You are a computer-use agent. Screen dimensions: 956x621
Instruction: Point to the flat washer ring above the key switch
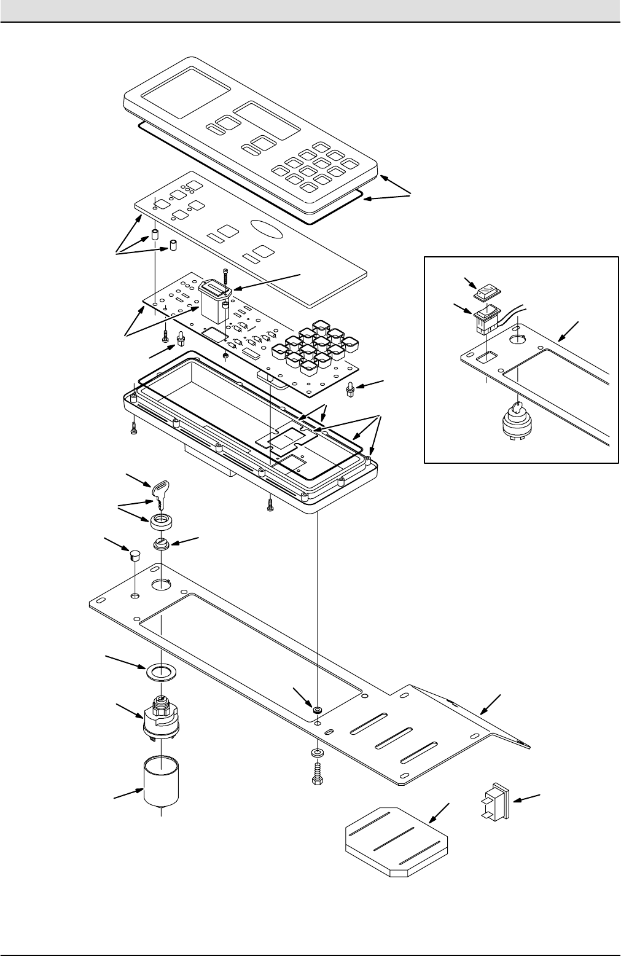point(160,671)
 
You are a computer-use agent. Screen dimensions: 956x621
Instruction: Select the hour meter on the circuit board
point(214,302)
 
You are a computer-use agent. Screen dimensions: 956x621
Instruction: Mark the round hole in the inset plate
point(518,336)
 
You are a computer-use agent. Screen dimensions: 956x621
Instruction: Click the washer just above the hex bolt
point(317,753)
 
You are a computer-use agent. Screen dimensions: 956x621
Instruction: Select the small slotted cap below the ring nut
point(161,544)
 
